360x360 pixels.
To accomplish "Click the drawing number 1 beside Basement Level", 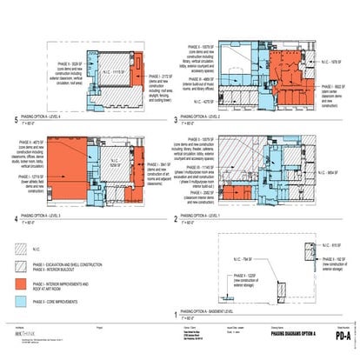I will click(x=177, y=313).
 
